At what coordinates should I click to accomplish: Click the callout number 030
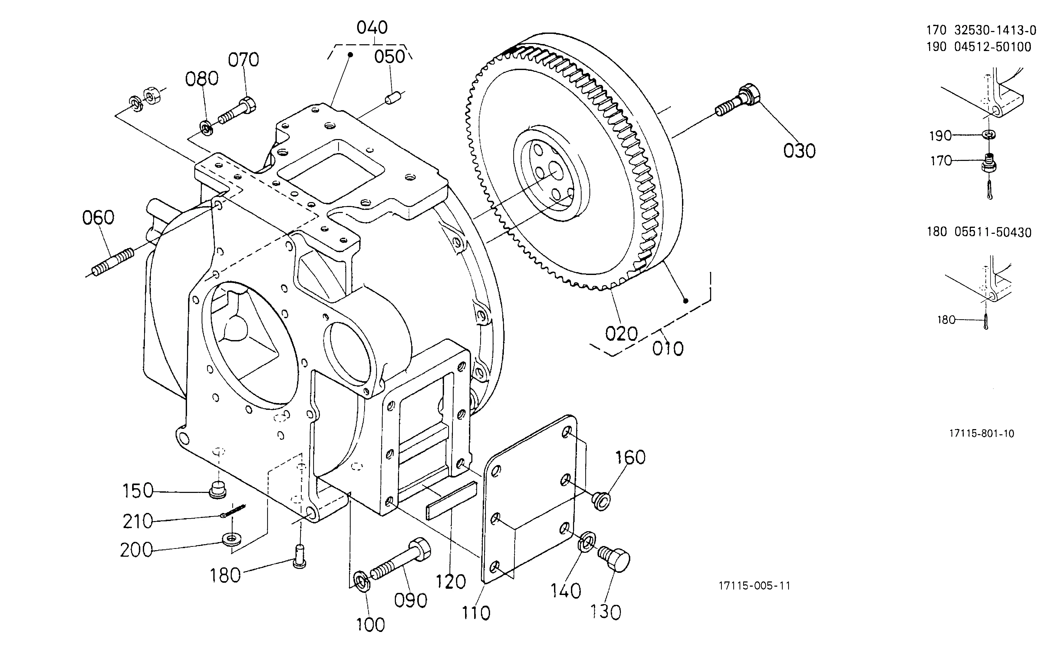799,151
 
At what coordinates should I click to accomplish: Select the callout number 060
98,217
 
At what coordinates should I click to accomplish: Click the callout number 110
476,613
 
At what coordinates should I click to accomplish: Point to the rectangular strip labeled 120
451,501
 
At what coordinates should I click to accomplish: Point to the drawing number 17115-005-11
754,586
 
